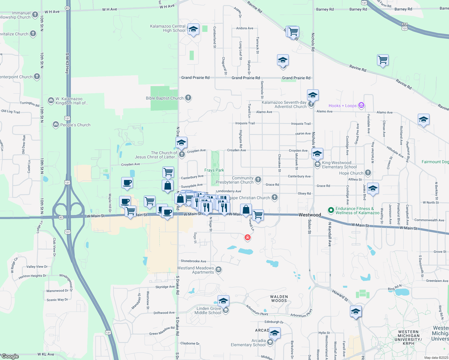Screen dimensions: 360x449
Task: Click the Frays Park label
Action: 214,170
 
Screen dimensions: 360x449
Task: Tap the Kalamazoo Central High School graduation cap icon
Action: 194,29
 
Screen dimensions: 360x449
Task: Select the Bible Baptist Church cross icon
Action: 188,97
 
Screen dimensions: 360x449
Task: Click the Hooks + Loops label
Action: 342,106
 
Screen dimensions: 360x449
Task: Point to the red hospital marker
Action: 248,238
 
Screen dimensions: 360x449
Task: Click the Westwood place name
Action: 310,215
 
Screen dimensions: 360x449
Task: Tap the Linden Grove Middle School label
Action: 208,310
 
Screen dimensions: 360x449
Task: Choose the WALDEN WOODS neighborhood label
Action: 279,298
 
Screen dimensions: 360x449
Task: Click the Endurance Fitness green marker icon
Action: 331,210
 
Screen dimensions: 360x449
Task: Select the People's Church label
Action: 75,125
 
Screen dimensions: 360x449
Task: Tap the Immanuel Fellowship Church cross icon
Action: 35,14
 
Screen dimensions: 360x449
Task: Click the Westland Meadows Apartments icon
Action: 218,269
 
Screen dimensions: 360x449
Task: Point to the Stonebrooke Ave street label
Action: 193,261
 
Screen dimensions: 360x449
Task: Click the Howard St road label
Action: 340,295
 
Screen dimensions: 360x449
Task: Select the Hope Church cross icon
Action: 368,173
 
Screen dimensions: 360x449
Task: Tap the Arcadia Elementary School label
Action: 248,343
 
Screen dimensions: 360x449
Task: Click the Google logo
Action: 10,356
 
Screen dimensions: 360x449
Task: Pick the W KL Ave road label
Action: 46,354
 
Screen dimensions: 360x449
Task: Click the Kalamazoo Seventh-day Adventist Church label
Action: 284,104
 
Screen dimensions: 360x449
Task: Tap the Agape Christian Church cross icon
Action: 274,197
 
